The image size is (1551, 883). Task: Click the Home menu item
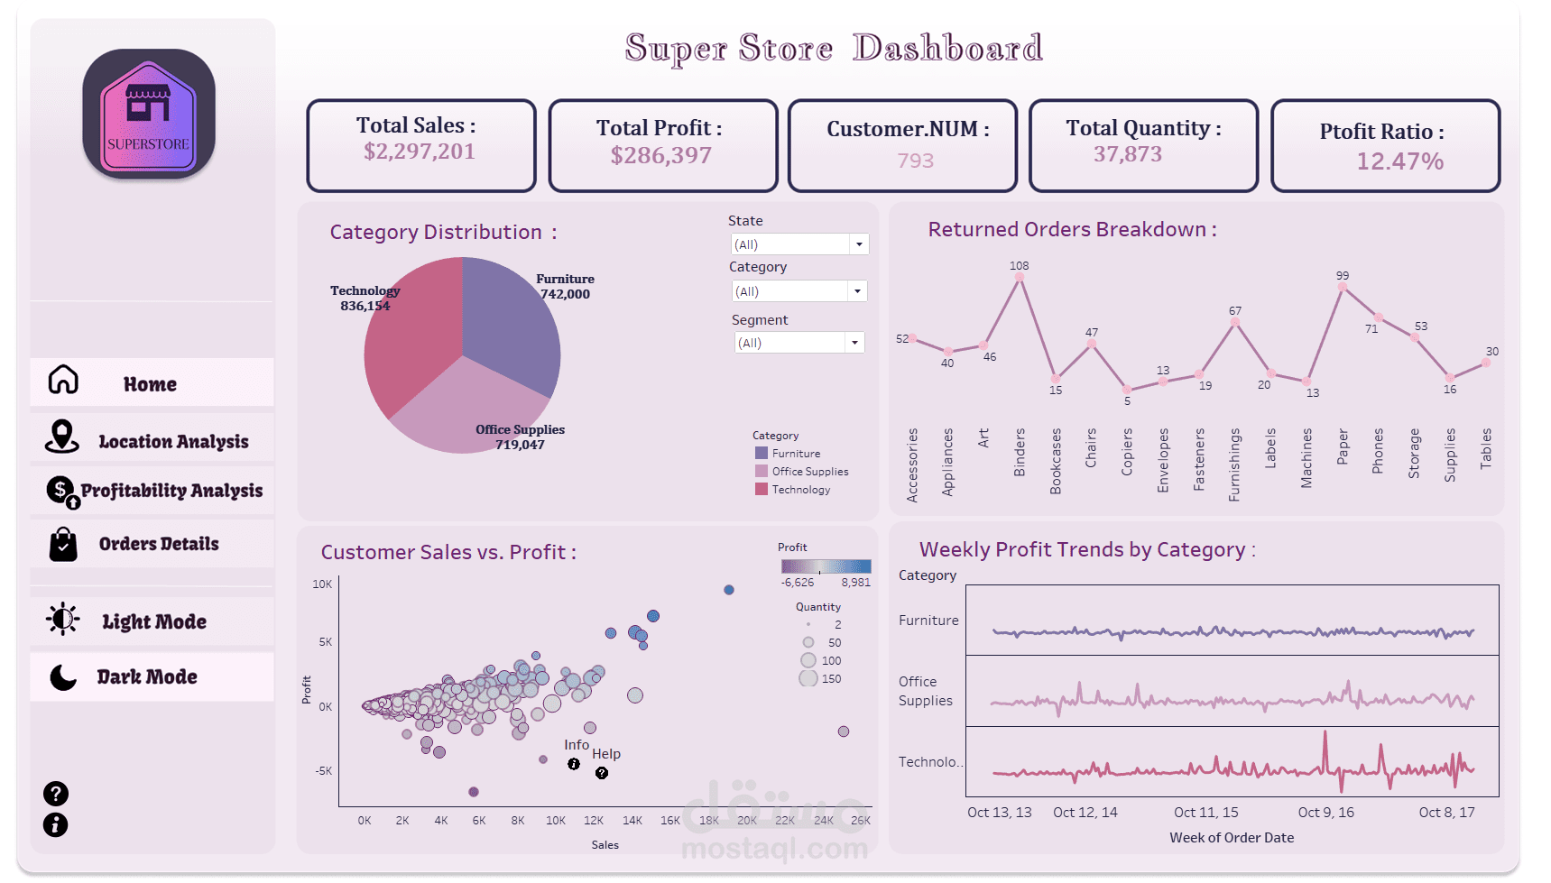150,383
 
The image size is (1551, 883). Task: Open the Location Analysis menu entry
173,441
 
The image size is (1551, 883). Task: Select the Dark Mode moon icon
63,676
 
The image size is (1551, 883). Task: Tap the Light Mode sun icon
63,620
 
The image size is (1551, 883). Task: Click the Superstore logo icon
149,114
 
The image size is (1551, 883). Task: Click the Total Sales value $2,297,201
420,152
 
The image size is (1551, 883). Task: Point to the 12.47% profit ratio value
1399,161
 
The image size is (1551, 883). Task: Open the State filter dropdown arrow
859,244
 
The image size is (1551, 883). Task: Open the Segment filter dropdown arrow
854,343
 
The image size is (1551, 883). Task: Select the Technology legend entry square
762,489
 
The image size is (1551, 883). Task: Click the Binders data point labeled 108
1020,278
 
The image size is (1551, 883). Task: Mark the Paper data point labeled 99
1343,287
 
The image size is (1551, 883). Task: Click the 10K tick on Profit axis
322,584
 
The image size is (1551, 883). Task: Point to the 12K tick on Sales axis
594,821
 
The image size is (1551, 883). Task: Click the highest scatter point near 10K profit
729,590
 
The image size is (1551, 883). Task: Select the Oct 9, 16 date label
1325,813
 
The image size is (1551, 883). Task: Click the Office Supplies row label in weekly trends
925,691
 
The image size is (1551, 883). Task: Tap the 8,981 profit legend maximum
855,583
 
